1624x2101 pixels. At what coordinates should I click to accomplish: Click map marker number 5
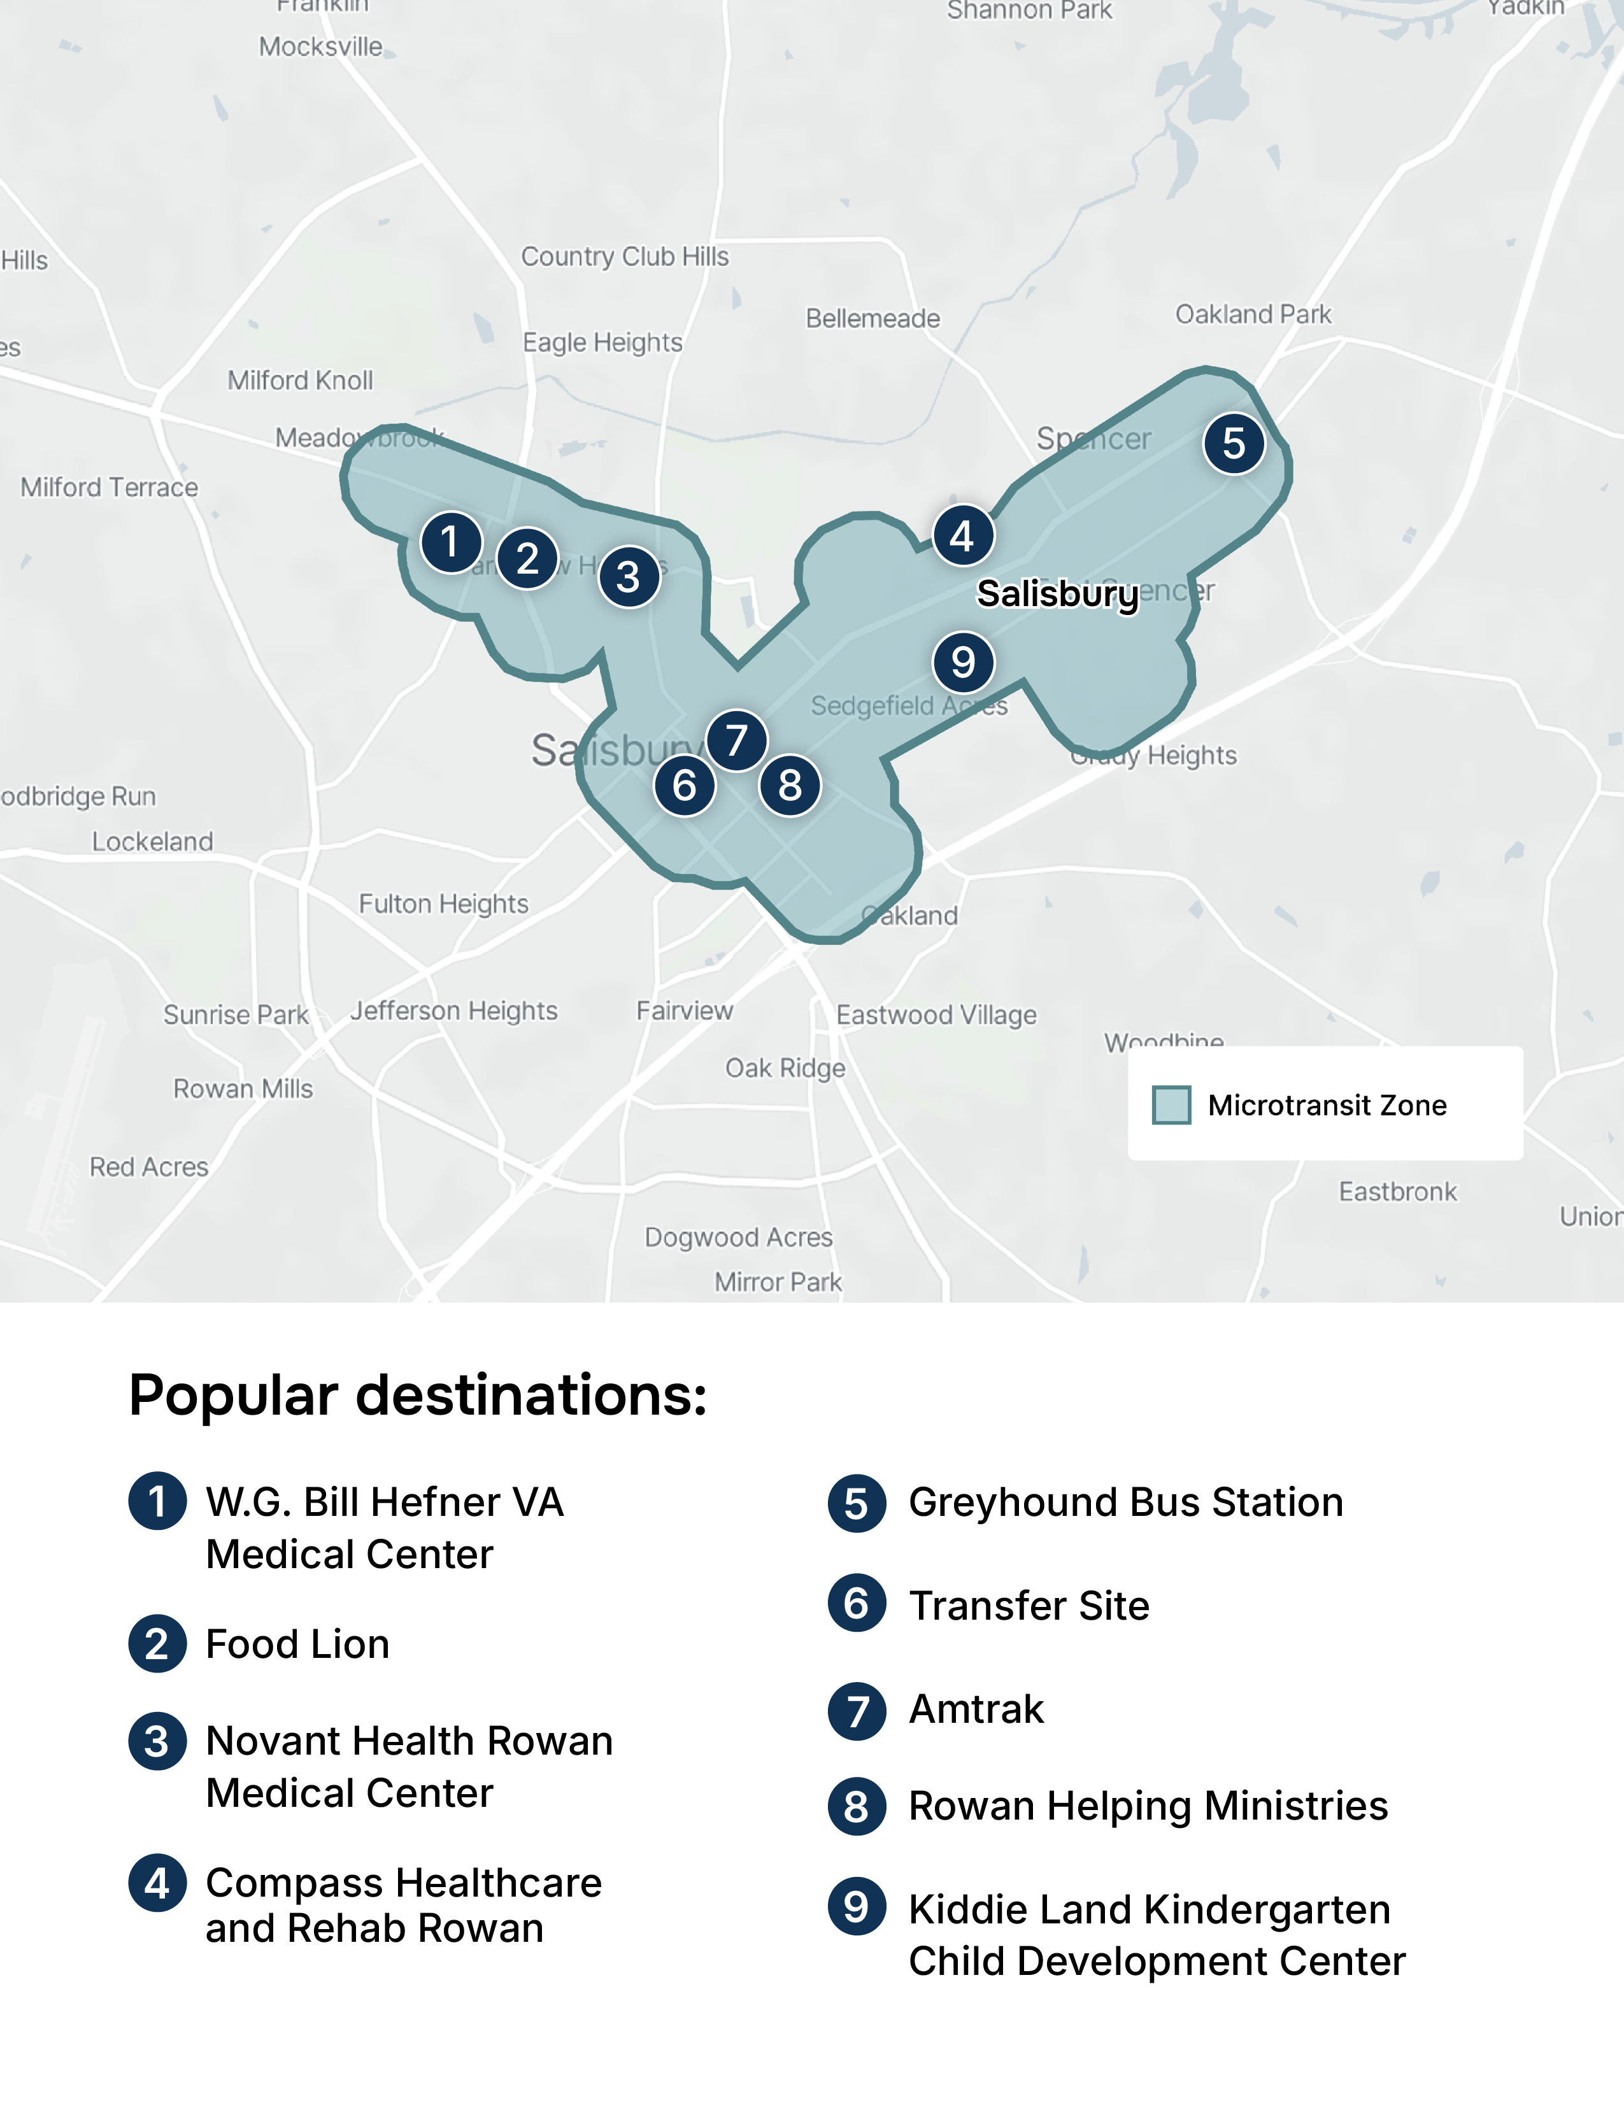pyautogui.click(x=1234, y=444)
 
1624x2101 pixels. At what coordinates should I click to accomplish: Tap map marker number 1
pyautogui.click(x=450, y=542)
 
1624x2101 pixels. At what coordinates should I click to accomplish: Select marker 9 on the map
pyautogui.click(x=963, y=662)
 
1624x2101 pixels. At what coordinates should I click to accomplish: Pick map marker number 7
pyautogui.click(x=736, y=740)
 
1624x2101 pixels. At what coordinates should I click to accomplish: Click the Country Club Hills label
pyautogui.click(x=624, y=257)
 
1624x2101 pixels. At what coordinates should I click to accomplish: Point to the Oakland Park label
pyautogui.click(x=1253, y=315)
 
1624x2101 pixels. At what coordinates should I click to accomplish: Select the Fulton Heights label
pyautogui.click(x=443, y=904)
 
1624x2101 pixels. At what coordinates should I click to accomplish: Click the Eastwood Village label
pyautogui.click(x=936, y=1015)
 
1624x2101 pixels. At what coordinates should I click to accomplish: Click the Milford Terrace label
pyautogui.click(x=110, y=488)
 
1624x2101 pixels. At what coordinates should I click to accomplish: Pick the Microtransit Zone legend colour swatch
pyautogui.click(x=1171, y=1105)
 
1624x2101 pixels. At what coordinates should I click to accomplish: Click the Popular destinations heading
pyautogui.click(x=418, y=1395)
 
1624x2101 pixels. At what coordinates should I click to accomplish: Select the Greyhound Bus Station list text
pyautogui.click(x=1125, y=1503)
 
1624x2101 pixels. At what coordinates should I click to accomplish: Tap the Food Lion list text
pyautogui.click(x=297, y=1644)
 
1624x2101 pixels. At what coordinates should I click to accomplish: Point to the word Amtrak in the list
pyautogui.click(x=976, y=1709)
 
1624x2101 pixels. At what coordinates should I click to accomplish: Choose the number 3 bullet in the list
pyautogui.click(x=157, y=1741)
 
